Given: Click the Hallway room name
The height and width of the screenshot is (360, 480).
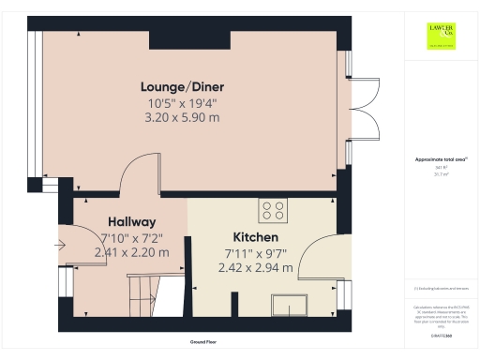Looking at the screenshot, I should [125, 221].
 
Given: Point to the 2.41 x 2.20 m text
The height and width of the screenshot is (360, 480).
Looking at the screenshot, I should [131, 252].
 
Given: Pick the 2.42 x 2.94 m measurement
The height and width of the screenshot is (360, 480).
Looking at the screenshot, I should [255, 267].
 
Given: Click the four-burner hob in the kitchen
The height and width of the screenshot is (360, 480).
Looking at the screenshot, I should [275, 209].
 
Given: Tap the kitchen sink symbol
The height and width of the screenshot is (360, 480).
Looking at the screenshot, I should [290, 304].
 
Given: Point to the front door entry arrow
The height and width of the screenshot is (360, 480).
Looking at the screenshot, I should [59, 247].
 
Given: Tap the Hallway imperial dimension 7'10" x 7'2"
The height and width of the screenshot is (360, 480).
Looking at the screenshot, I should [131, 237].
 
